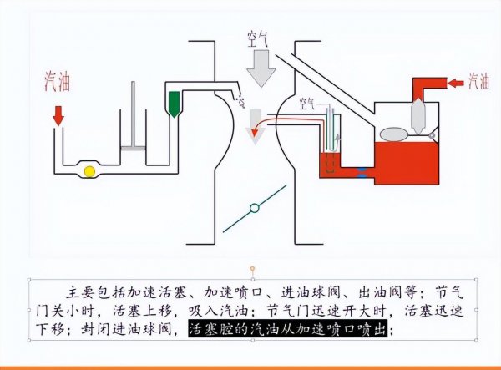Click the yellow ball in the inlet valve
pos(89,171)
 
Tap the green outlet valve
pos(175,102)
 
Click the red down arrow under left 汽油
pos(58,114)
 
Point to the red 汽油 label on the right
pos(478,81)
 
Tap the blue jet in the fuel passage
pos(362,171)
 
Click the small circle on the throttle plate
pos(252,207)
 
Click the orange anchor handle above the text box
pos(252,269)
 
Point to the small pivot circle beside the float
pos(431,135)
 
